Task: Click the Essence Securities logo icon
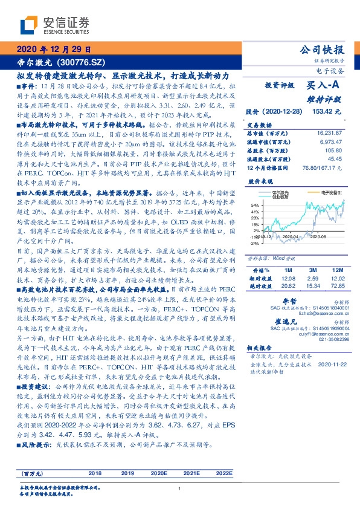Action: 31,25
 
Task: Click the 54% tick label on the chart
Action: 255,206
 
